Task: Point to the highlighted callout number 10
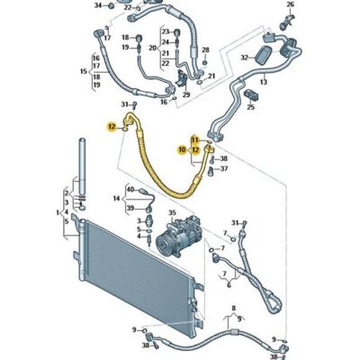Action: (x=183, y=150)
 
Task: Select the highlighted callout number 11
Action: (x=194, y=140)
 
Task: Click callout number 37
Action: (x=224, y=168)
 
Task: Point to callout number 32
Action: (x=244, y=56)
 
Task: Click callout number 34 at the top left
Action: (x=99, y=6)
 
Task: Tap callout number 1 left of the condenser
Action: (x=59, y=213)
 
